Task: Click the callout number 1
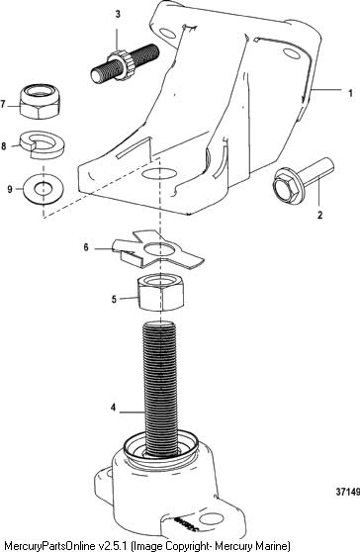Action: [x=350, y=93]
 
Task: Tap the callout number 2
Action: [x=319, y=215]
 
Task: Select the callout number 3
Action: [x=118, y=14]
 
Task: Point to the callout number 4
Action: [x=113, y=408]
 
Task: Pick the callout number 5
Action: [x=114, y=299]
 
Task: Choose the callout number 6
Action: [x=86, y=247]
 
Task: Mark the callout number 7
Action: [x=3, y=104]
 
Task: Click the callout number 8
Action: [x=4, y=145]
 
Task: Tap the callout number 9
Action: [x=10, y=189]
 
